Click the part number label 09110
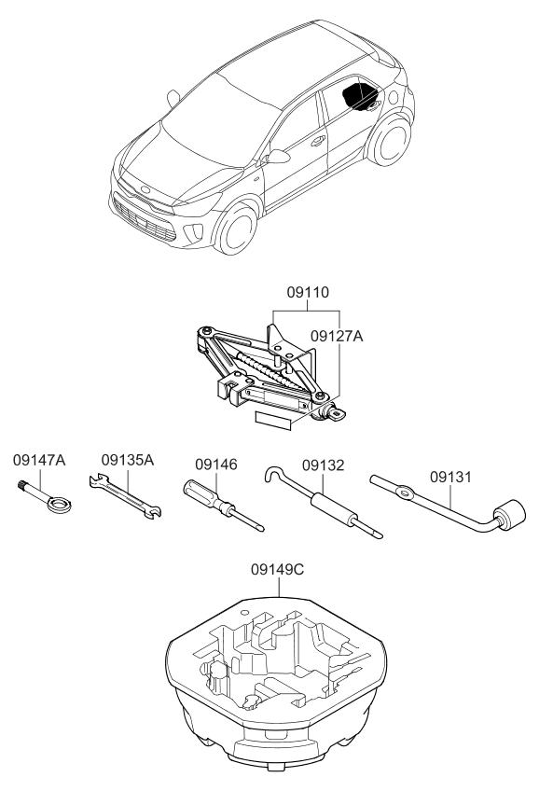(308, 292)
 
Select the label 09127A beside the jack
(337, 336)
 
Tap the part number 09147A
(39, 460)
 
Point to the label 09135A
(128, 460)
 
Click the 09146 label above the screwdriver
(216, 465)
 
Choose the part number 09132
(324, 465)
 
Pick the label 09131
(450, 477)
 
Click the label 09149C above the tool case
(278, 570)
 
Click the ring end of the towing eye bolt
(60, 505)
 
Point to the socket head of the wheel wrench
(510, 515)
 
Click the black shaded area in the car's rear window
(360, 95)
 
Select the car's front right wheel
(236, 228)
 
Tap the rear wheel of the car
(390, 140)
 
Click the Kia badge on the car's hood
(145, 189)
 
